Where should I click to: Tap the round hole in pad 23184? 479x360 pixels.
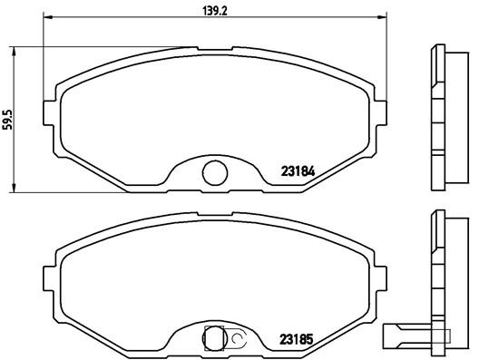pos(213,170)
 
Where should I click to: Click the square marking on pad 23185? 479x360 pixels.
pos(215,337)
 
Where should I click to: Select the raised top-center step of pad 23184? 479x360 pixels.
pos(215,50)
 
